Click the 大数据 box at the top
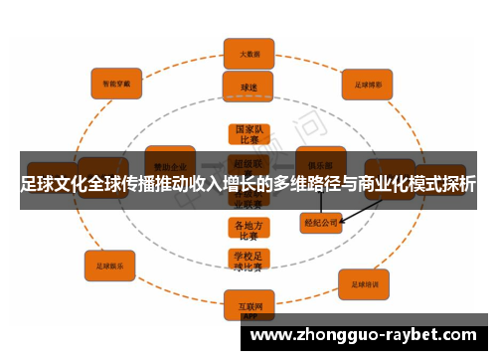tap(248, 53)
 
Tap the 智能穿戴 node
tap(117, 83)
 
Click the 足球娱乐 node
tap(109, 266)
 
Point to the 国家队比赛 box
tap(248, 134)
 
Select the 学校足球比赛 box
tap(248, 261)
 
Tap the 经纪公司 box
tap(319, 223)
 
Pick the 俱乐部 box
tap(320, 161)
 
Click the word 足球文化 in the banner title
tap(57, 184)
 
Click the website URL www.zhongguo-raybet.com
tap(369, 334)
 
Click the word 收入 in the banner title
tap(210, 184)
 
